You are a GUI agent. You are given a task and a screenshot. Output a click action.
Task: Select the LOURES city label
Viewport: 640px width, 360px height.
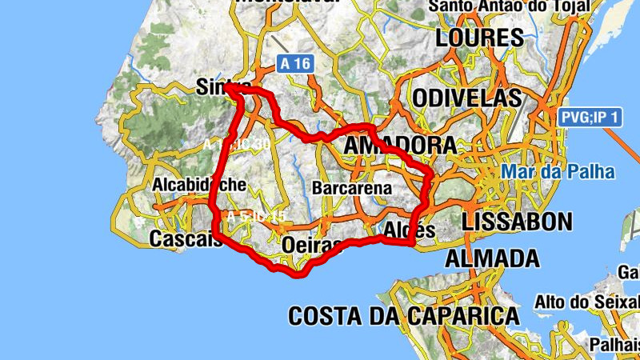tap(479, 38)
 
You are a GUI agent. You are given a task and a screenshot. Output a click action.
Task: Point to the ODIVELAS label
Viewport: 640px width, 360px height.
tap(468, 98)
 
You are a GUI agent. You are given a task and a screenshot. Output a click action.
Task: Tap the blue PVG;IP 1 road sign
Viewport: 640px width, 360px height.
tap(590, 118)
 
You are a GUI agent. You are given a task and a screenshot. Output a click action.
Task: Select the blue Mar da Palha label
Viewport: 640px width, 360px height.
tap(558, 172)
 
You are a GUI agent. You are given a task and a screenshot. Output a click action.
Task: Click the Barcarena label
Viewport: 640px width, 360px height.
tap(352, 188)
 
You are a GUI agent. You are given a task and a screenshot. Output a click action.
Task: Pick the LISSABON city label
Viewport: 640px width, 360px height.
tap(518, 222)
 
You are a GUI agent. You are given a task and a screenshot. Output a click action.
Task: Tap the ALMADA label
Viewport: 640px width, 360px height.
tap(491, 258)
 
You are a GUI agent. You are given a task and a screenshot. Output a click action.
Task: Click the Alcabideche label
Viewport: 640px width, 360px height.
tap(199, 184)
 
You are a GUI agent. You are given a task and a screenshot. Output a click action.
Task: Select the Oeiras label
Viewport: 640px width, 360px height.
tap(313, 245)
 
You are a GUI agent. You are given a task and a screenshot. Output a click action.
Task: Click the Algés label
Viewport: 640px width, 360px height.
tap(409, 230)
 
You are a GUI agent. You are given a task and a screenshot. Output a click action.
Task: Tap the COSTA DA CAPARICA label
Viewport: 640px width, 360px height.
tap(403, 315)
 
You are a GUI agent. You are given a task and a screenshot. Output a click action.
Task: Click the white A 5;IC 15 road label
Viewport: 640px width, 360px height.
tap(256, 217)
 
